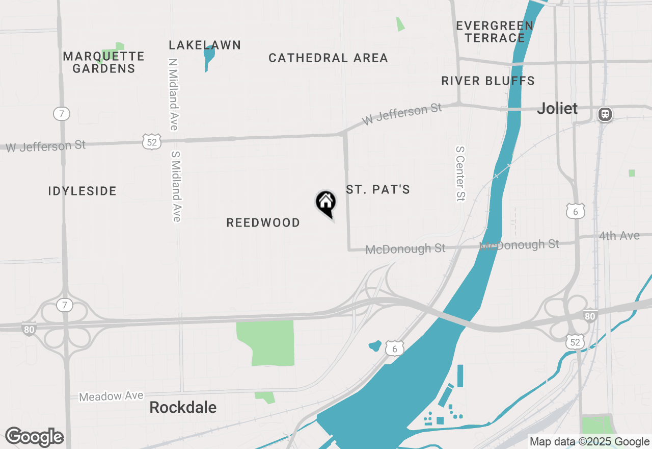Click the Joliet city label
coord(557,109)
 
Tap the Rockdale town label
coord(183,407)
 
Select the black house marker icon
coord(325,203)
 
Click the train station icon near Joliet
coord(605,114)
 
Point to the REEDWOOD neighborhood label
coord(263,223)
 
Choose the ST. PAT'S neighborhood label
coord(378,190)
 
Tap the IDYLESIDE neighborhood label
coord(83,191)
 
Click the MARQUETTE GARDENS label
coord(104,62)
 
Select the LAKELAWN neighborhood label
coord(205,45)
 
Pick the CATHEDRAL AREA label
coord(328,58)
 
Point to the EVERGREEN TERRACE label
coord(495,32)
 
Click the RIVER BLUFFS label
coord(488,81)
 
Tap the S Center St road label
coord(460,173)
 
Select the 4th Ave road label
coord(619,236)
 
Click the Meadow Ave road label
coord(111,396)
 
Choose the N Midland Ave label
coord(173,94)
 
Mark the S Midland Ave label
coord(176,186)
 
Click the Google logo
coord(34,437)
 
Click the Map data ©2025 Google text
coord(589,442)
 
